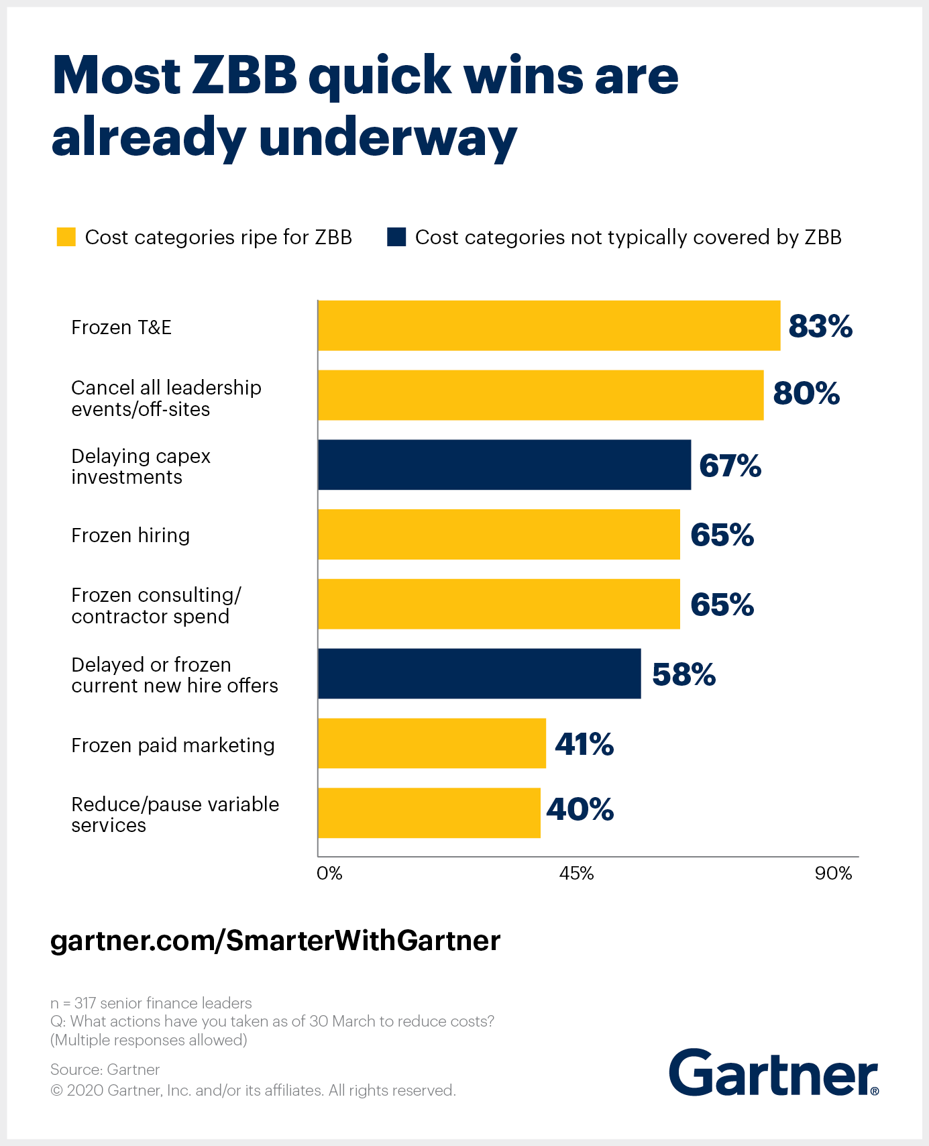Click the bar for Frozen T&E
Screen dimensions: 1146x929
[x=549, y=325]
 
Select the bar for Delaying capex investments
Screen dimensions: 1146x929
[x=504, y=465]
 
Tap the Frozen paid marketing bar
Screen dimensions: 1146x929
[x=431, y=743]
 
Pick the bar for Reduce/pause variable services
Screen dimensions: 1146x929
[x=429, y=813]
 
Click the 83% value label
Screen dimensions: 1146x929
[x=820, y=326]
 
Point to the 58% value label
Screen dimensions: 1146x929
[x=684, y=674]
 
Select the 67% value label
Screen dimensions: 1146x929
[x=730, y=466]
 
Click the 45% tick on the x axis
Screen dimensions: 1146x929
[x=577, y=874]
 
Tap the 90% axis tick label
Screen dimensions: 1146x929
[x=833, y=874]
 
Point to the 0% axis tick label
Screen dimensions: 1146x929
[x=329, y=874]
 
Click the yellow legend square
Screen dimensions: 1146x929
[x=66, y=237]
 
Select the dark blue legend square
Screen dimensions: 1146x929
[x=396, y=237]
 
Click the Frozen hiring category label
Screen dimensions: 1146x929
[x=131, y=535]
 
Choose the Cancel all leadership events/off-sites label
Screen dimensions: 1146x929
[x=166, y=399]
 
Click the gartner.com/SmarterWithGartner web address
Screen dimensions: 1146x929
[x=275, y=941]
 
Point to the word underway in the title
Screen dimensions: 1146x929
[x=388, y=138]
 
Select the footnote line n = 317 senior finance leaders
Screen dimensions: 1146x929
[x=151, y=1003]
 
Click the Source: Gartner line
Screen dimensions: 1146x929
[x=105, y=1070]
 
